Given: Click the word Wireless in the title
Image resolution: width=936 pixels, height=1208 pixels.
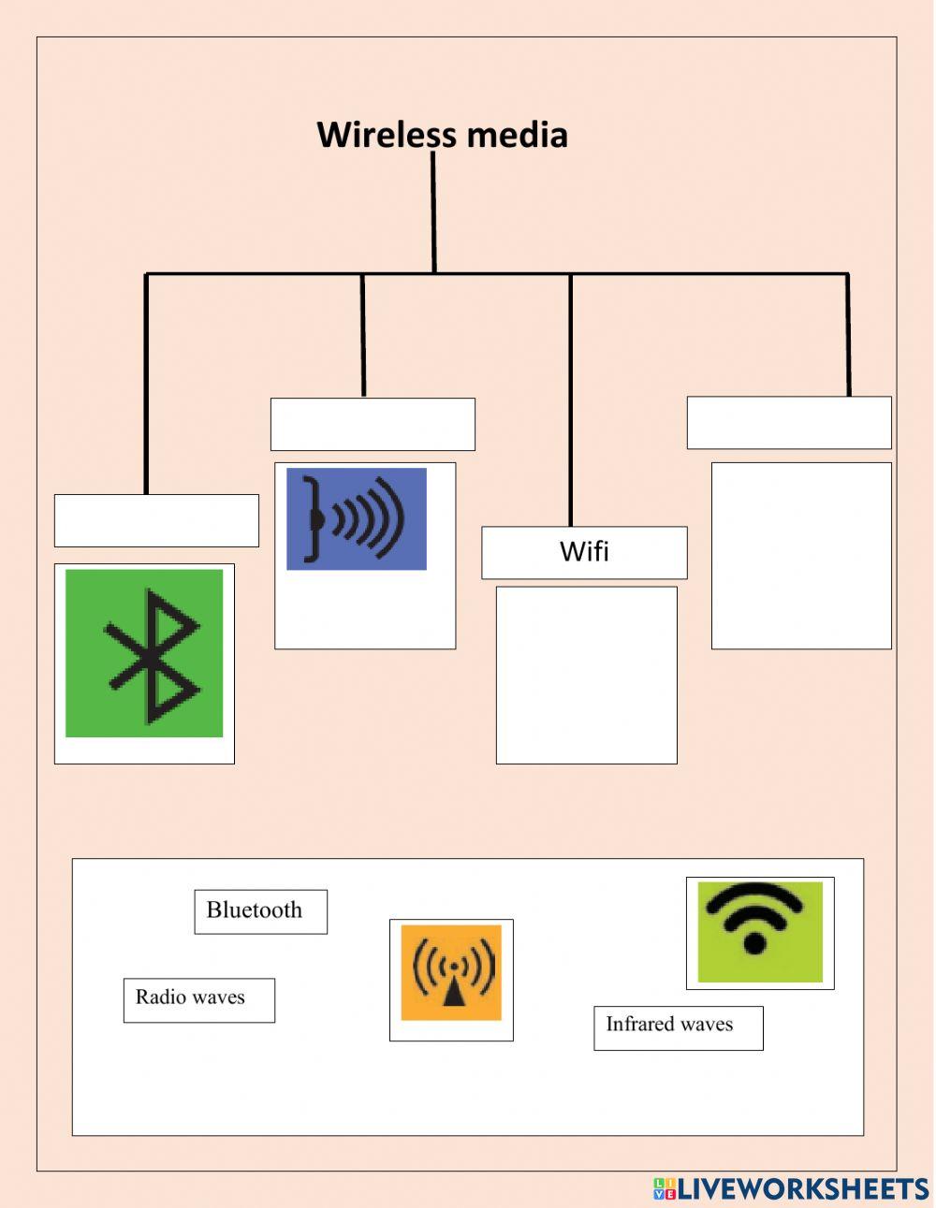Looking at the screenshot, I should click(387, 135).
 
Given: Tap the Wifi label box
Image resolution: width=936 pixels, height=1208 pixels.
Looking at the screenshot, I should click(584, 552).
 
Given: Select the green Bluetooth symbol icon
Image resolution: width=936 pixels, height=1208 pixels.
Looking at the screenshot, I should click(144, 653).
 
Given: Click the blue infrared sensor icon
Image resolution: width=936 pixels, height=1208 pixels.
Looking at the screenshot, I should click(357, 518).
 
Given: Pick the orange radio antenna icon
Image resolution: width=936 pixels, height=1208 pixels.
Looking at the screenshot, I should click(451, 972).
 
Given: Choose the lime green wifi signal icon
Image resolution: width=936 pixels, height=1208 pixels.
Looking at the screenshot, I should click(760, 932).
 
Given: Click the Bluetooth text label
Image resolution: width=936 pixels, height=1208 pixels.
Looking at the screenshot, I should click(255, 910).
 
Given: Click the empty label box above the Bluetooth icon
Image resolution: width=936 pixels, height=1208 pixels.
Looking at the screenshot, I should click(156, 520).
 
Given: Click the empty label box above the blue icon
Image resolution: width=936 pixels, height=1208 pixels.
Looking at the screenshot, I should click(373, 424).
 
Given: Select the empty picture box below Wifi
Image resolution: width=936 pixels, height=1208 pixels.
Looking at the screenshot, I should click(586, 675).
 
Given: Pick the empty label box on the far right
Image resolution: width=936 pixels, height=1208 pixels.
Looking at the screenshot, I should click(789, 423).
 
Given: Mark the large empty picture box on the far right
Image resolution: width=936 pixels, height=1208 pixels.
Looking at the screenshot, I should click(801, 555).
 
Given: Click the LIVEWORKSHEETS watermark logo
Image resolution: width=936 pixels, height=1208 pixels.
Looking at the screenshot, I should click(791, 1188).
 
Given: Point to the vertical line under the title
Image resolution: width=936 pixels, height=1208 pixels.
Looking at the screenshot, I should click(433, 212).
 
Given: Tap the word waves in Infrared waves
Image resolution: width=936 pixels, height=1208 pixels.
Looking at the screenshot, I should click(708, 1025).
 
